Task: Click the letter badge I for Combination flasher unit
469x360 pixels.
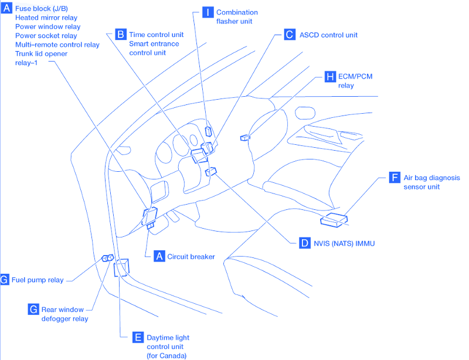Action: (208, 12)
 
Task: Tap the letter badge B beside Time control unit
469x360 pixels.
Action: (121, 35)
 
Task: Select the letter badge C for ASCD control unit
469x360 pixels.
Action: (290, 35)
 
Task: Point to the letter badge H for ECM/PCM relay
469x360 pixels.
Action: (330, 77)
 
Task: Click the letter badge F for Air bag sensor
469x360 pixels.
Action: (395, 177)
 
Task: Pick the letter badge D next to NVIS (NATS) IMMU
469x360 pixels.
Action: (304, 242)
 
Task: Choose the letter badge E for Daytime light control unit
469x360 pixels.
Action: (138, 337)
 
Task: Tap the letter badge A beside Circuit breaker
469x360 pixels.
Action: (159, 256)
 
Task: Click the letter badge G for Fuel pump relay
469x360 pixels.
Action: (5, 280)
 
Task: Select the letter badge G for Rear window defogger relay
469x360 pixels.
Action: (33, 309)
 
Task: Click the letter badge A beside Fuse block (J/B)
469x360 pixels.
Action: (6, 8)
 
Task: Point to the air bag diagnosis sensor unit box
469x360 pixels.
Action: (334, 219)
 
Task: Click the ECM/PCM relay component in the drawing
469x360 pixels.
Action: (244, 138)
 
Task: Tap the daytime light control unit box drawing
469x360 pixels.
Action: (123, 267)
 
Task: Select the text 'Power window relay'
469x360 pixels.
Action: (47, 26)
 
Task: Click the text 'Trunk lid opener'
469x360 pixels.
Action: (41, 53)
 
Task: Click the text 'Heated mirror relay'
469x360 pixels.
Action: (46, 18)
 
